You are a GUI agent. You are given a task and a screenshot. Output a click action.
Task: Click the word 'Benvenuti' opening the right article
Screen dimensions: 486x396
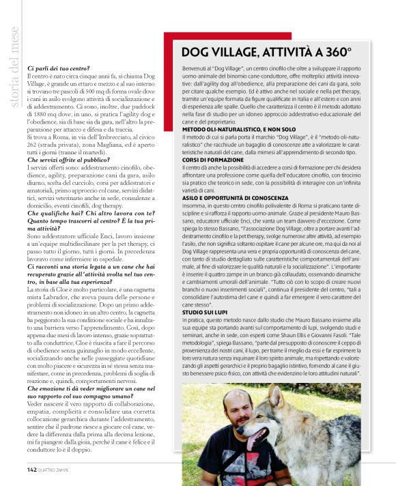(x=195, y=69)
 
